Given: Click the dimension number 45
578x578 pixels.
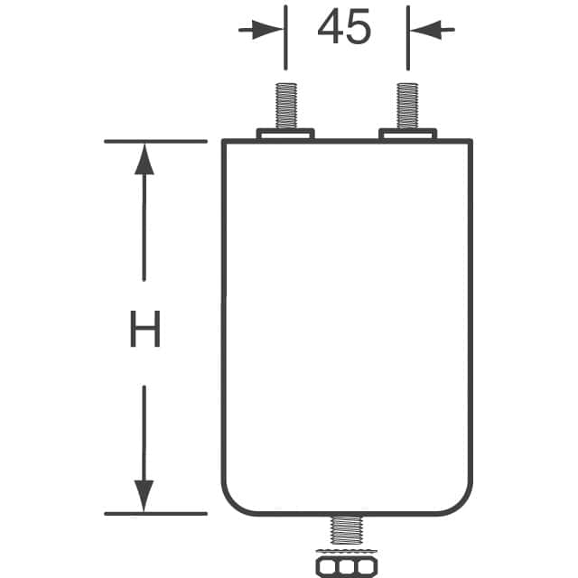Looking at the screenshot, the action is pos(344,26).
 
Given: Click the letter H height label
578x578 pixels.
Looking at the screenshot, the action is pos(145,329).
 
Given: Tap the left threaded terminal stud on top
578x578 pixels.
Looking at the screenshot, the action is pos(286,106).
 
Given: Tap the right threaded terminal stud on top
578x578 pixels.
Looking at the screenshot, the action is pos(407,106).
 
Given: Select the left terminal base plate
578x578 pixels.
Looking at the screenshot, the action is pos(285,134).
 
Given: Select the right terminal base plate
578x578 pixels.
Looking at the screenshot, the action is pos(407,134).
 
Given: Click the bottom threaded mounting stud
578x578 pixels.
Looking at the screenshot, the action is pos(347,530).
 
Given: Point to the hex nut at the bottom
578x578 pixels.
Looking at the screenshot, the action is pos(347,566).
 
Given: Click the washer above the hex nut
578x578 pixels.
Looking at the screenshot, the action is pos(347,552).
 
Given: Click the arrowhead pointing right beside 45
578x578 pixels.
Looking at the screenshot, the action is pos(268,30).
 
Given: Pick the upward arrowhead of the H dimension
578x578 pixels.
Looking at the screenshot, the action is pos(144,159).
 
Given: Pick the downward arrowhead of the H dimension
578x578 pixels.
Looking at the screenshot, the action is pos(144,496).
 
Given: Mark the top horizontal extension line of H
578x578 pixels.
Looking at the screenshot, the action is pos(155,141).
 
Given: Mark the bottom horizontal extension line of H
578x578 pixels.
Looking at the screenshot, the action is pos(155,514).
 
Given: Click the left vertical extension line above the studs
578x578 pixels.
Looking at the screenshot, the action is pos(285,38).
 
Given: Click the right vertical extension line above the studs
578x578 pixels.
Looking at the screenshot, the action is pos(408,38).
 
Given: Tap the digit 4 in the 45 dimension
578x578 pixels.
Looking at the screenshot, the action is pos(330,26).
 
